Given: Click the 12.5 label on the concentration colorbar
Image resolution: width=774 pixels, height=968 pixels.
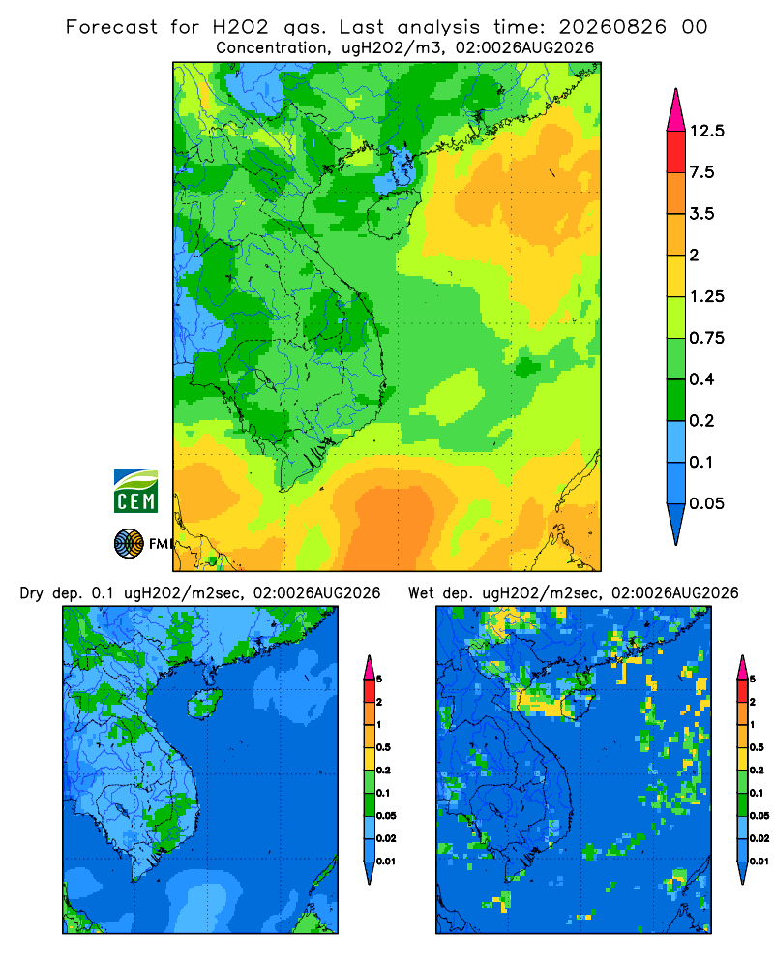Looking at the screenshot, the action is click(x=706, y=131).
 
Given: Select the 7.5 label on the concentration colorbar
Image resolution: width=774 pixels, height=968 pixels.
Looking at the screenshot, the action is click(x=701, y=172).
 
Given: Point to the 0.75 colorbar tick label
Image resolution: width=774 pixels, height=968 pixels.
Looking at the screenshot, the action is click(x=706, y=338).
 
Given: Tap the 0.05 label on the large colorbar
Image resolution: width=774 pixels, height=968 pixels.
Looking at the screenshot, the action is click(x=706, y=503).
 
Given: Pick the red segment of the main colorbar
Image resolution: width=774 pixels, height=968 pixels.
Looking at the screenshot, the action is click(x=676, y=152).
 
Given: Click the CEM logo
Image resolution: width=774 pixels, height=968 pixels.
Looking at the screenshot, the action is click(x=135, y=491).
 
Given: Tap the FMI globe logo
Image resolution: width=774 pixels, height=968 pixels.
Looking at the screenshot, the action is click(x=129, y=544).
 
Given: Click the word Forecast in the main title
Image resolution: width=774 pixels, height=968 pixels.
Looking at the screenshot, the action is click(x=111, y=27).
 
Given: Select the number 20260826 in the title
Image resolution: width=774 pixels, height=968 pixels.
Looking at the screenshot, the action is click(x=612, y=27).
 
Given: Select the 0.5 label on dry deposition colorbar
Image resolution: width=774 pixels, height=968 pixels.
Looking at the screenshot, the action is click(x=383, y=747).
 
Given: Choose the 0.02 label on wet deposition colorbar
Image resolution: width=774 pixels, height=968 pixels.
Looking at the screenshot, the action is click(x=759, y=838).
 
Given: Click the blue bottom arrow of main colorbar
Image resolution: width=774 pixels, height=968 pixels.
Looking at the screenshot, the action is click(x=676, y=524).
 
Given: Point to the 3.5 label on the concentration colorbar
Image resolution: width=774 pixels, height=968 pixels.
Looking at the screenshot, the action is click(x=701, y=214).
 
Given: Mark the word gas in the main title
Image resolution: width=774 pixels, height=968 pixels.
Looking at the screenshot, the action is click(x=305, y=28).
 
